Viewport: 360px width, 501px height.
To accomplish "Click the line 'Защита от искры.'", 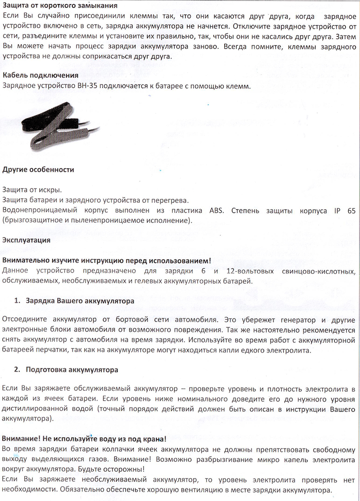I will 32,190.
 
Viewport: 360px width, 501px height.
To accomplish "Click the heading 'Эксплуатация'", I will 26,240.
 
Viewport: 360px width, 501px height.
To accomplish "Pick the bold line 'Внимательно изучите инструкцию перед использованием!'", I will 106,261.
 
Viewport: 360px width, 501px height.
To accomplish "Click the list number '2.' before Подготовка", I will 18,370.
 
